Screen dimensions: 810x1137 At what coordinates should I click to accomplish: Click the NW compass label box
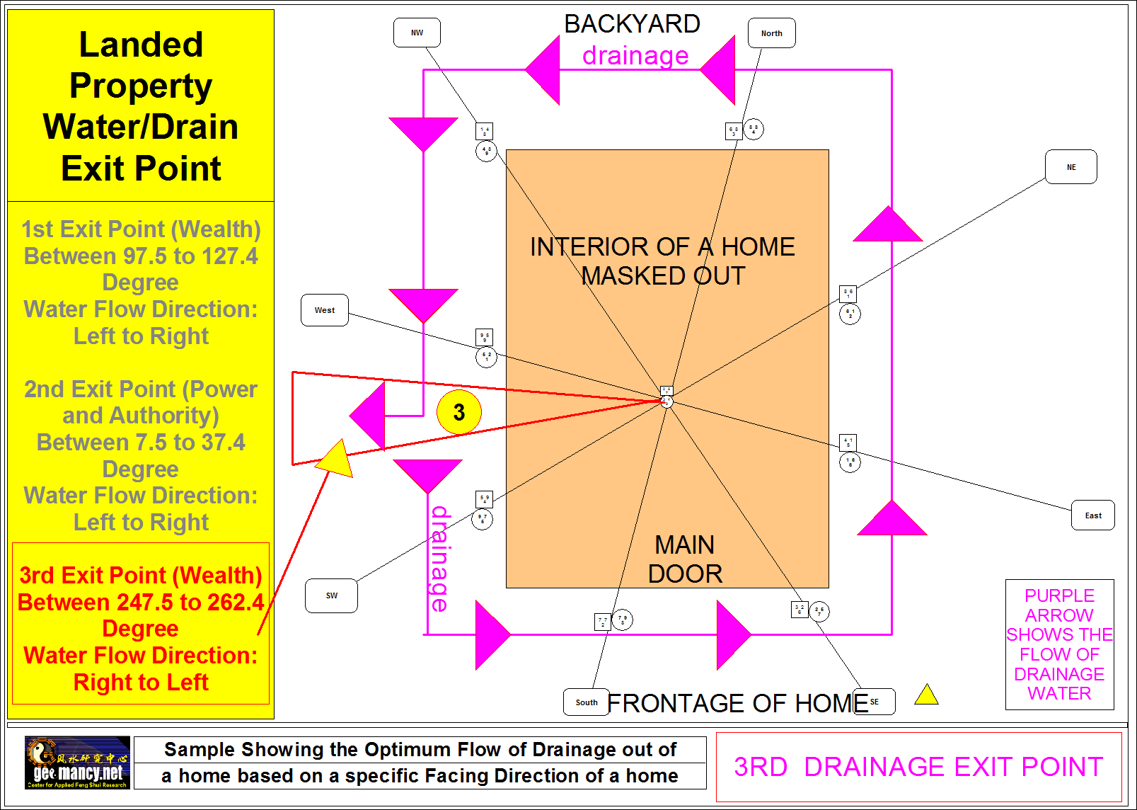(x=417, y=33)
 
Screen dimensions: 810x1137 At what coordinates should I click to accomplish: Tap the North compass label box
(x=771, y=33)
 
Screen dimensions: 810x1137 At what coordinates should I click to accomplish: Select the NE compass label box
(x=1070, y=167)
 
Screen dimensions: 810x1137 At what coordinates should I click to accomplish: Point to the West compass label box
(x=325, y=310)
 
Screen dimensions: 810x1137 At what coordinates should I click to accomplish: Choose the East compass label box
(x=1092, y=515)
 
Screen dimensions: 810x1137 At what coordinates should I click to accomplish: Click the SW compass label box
(x=331, y=595)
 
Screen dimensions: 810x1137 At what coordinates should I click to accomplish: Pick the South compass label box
(x=586, y=702)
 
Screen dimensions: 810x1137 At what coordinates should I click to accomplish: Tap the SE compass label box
(x=875, y=702)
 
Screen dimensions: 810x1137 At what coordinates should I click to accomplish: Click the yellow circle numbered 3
(x=458, y=412)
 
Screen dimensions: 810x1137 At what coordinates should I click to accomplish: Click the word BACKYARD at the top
(x=632, y=24)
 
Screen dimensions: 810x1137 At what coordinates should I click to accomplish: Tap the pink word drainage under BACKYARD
(x=635, y=55)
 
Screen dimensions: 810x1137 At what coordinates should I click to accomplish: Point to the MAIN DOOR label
(x=685, y=559)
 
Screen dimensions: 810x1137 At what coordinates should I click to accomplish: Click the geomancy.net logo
(x=78, y=763)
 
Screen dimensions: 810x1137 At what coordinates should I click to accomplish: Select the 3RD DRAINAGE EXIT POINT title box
(x=918, y=767)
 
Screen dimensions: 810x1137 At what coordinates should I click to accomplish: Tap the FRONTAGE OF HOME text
(x=737, y=703)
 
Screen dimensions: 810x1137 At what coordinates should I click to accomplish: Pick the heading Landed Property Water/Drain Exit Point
(x=141, y=106)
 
